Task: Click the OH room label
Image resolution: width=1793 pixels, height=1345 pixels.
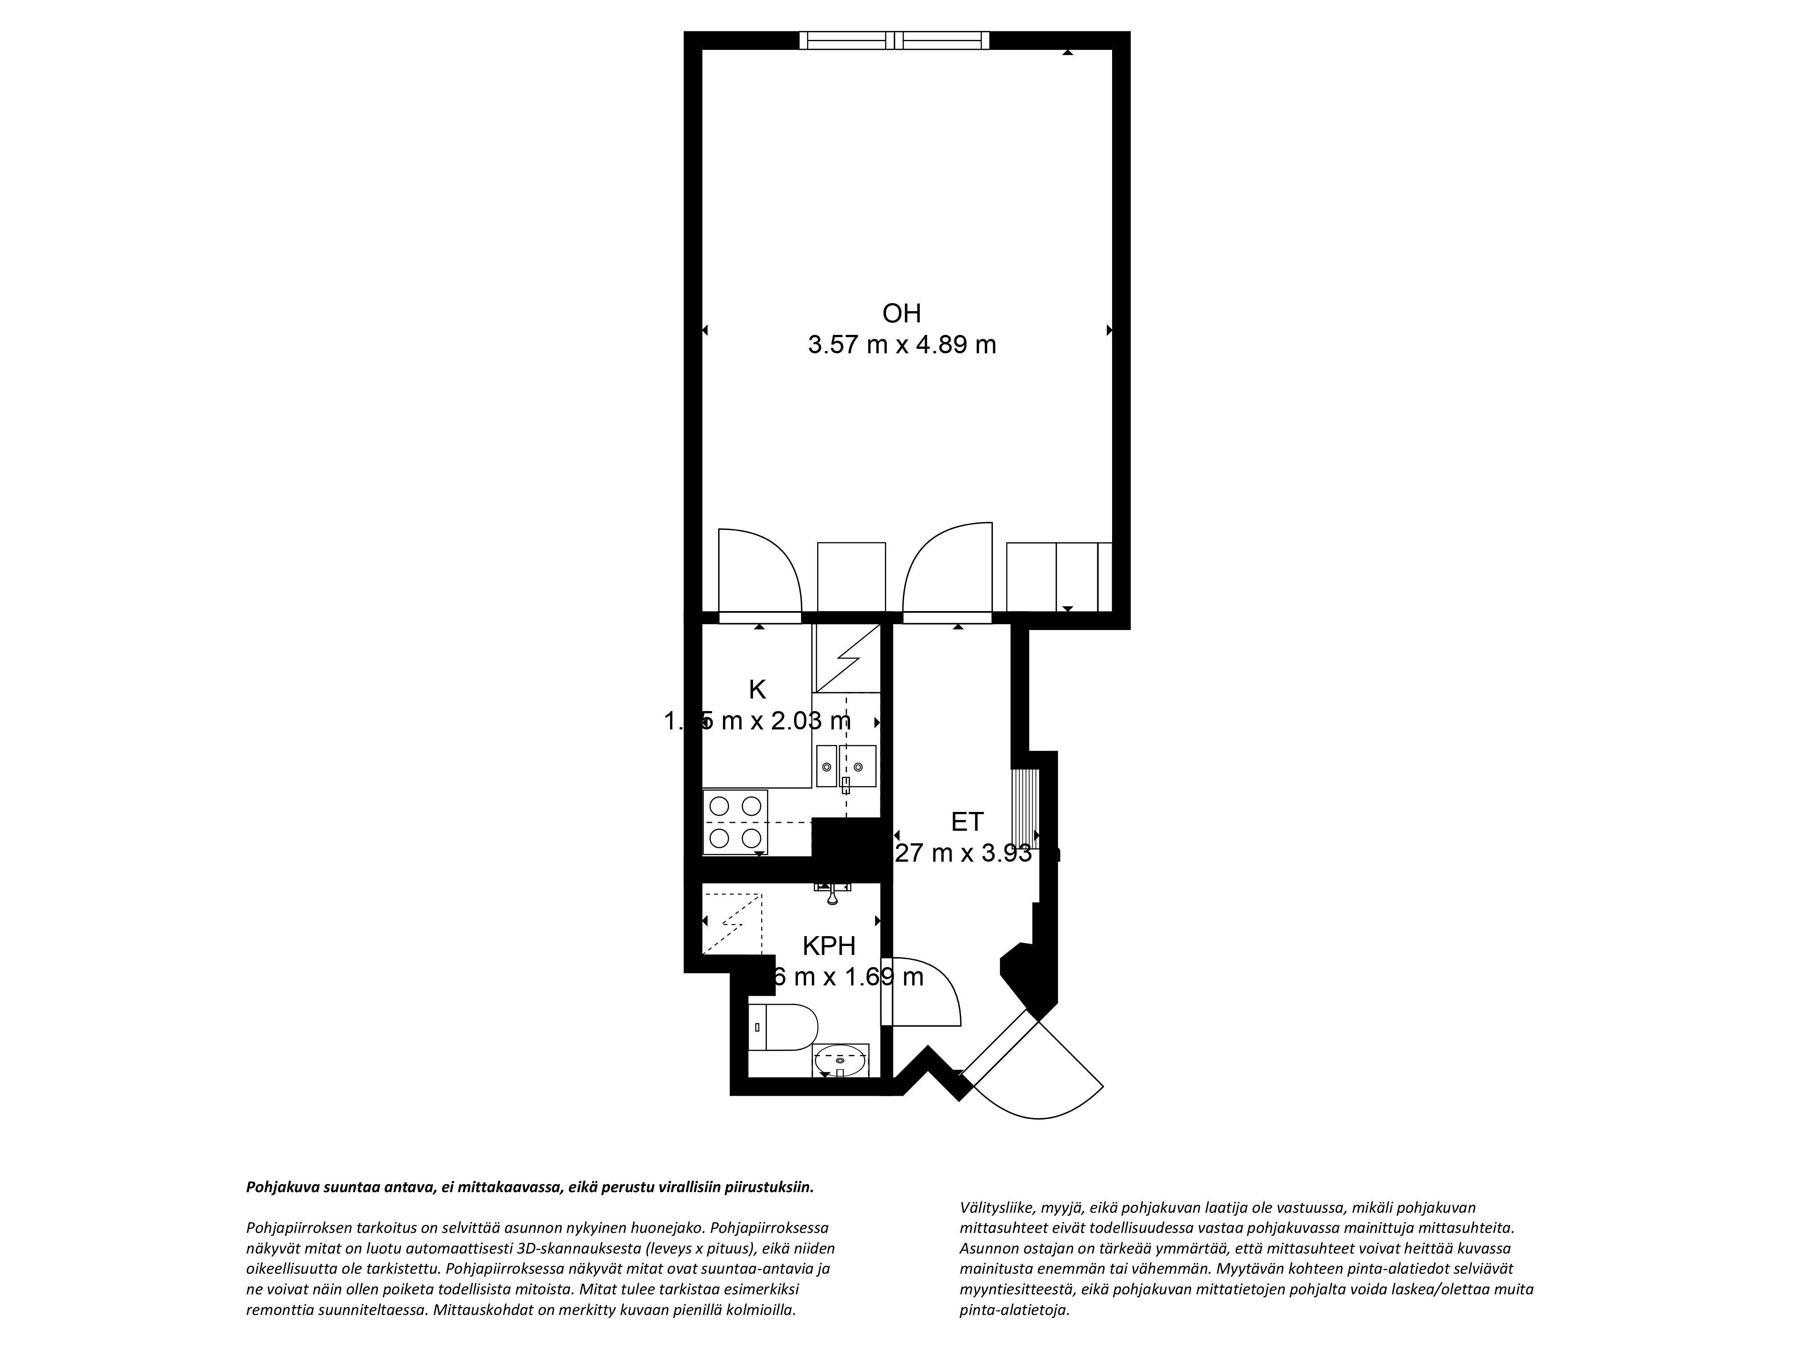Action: (901, 313)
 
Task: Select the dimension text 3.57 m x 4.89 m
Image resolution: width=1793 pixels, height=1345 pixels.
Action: (901, 345)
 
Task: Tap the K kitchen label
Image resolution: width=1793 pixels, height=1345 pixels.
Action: (757, 690)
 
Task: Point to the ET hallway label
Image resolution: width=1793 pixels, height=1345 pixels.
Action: (967, 822)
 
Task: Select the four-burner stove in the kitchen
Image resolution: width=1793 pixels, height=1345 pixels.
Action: (735, 822)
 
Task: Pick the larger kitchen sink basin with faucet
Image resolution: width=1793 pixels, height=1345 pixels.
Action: (858, 766)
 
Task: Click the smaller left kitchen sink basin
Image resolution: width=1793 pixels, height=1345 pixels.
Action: (826, 766)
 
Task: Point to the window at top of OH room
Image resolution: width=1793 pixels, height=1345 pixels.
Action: (894, 40)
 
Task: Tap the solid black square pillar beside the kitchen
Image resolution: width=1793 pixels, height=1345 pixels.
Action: (846, 848)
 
